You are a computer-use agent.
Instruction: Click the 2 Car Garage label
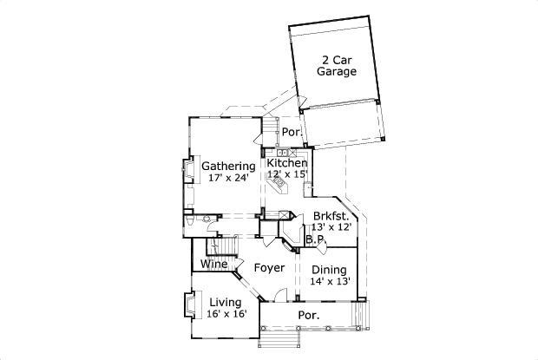[337, 66]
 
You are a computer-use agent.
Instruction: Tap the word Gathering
[228, 167]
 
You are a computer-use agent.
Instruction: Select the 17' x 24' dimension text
[228, 178]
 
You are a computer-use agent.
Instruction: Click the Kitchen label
[287, 162]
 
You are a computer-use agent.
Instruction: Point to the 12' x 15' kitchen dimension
[287, 174]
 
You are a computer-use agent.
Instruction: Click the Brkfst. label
[331, 216]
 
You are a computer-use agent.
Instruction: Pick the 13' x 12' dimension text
[331, 227]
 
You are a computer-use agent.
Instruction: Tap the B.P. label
[315, 239]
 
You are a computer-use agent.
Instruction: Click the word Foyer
[269, 268]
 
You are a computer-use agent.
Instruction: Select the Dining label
[329, 270]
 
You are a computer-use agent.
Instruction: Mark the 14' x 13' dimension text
[330, 281]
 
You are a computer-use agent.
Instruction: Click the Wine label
[214, 264]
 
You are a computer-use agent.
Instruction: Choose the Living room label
[226, 303]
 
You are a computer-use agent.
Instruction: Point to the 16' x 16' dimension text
[226, 314]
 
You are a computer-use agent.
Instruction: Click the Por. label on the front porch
[309, 315]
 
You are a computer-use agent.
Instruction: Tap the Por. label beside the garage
[292, 132]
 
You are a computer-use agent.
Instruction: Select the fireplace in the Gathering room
[189, 169]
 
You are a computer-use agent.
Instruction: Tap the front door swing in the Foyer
[280, 294]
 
